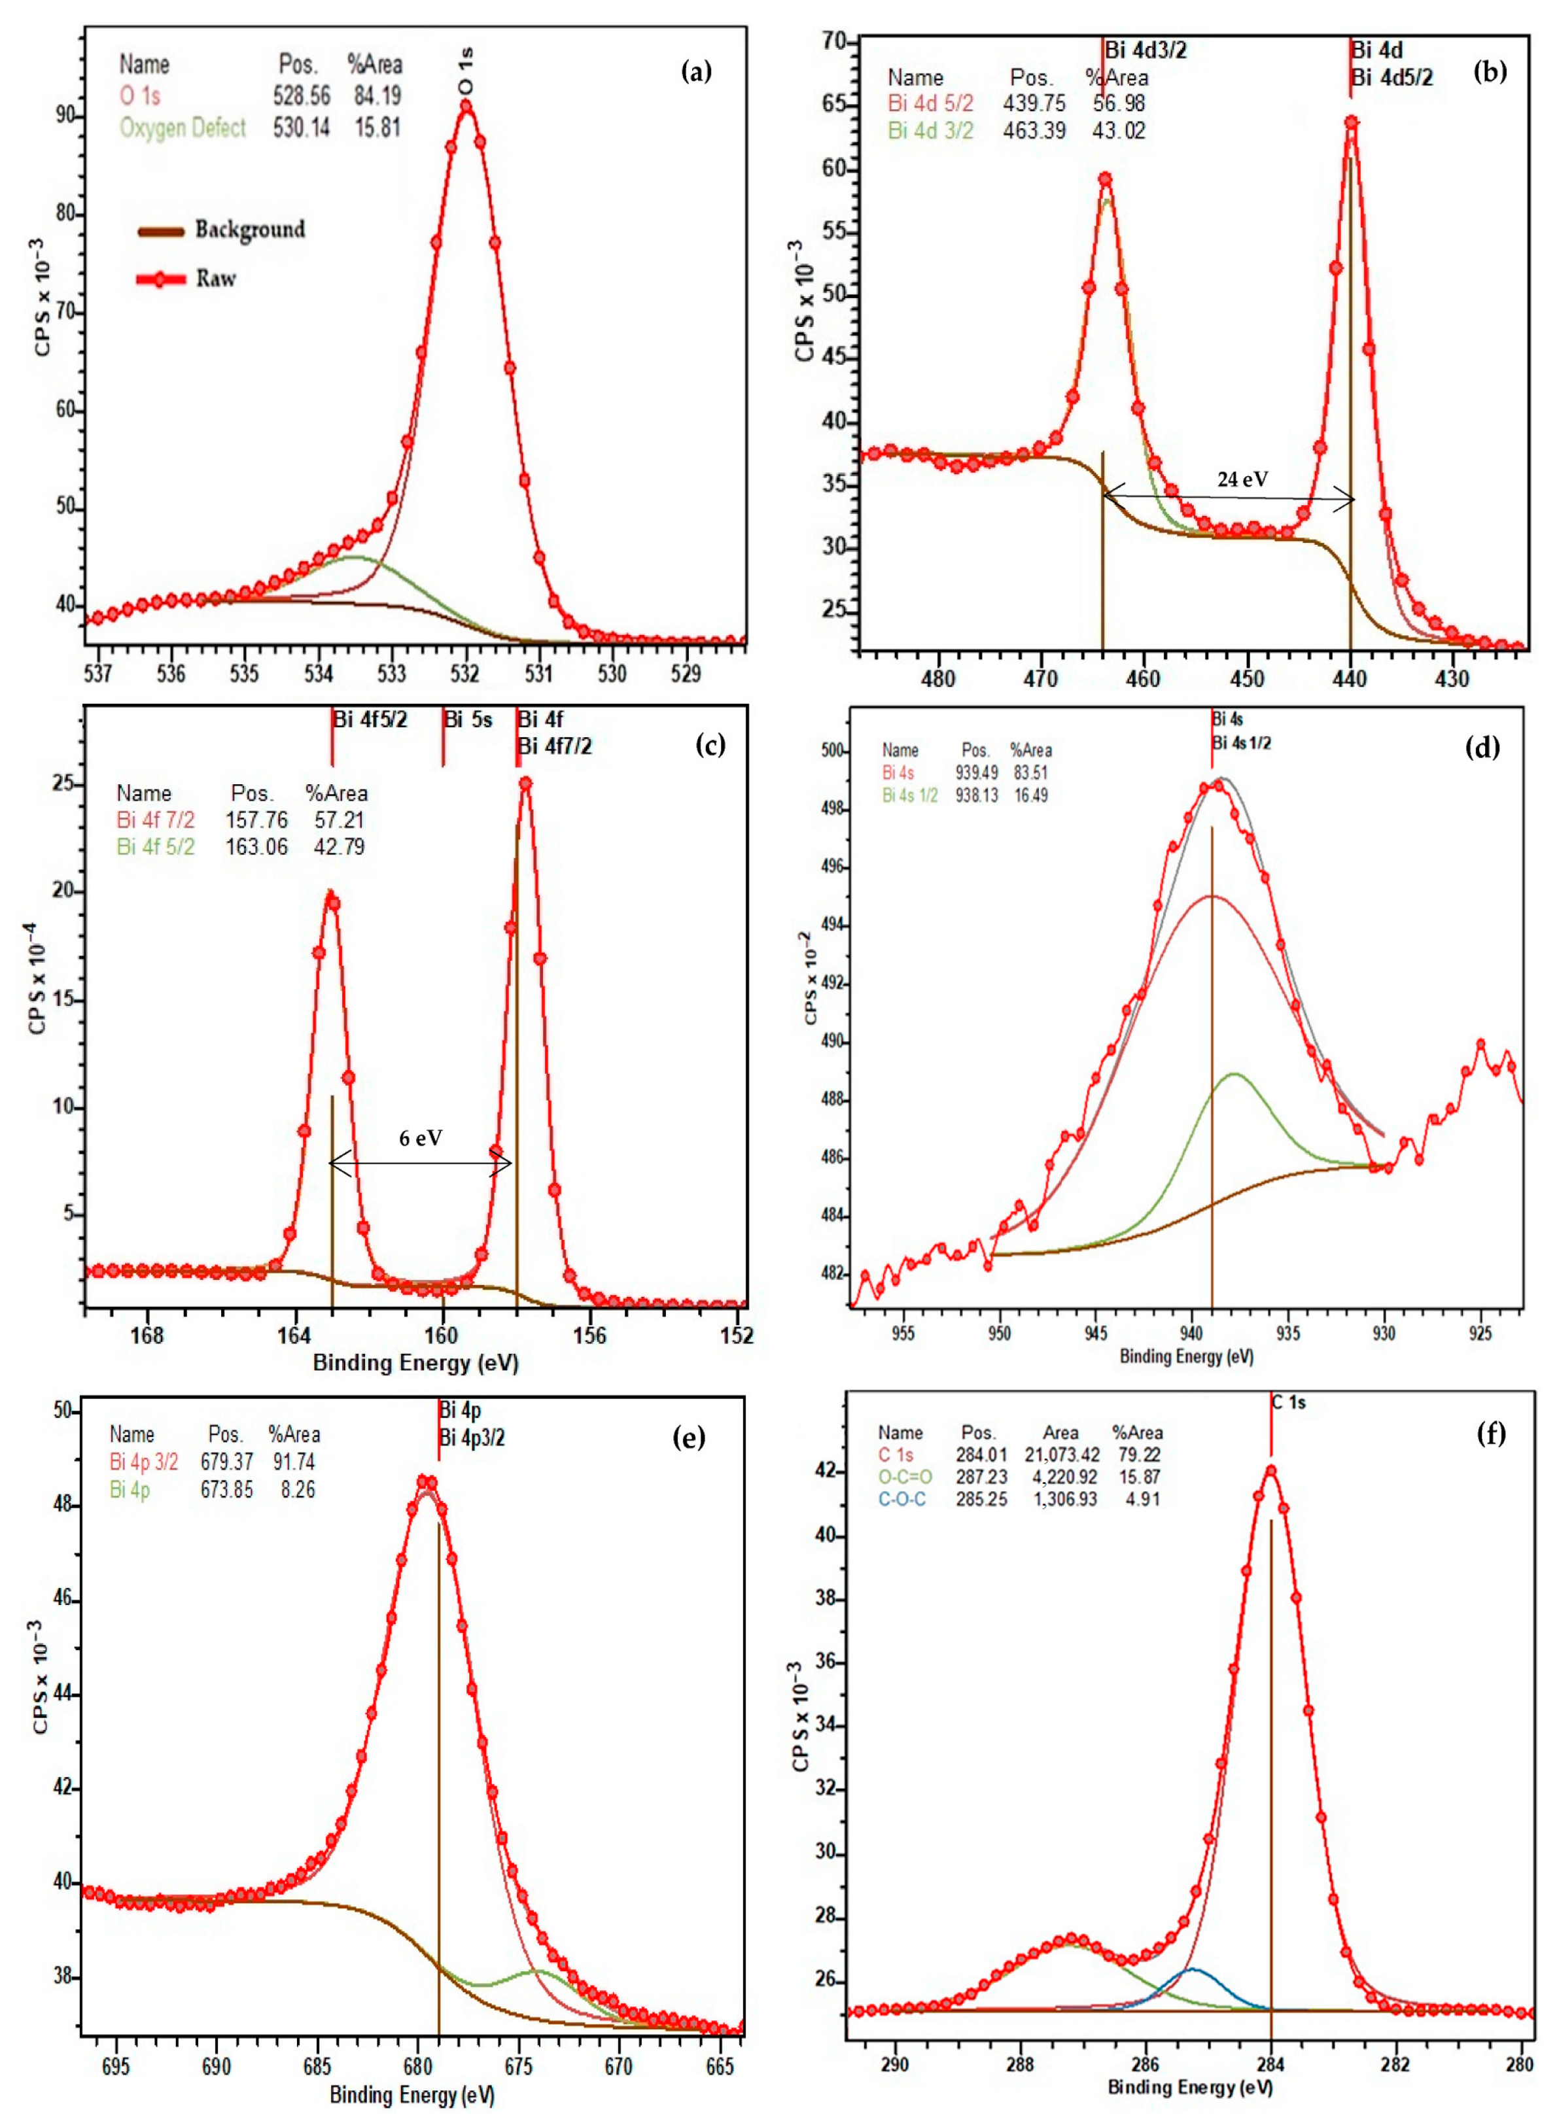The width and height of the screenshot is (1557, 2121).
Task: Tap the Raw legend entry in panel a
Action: [x=216, y=279]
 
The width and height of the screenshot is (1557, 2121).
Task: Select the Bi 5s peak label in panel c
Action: [x=468, y=721]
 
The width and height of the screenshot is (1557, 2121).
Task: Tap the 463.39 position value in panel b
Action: [x=1036, y=130]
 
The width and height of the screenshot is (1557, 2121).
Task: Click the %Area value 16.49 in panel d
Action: [x=1029, y=795]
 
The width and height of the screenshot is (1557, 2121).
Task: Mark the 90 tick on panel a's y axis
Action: [x=66, y=115]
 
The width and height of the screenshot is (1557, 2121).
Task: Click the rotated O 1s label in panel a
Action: [x=466, y=71]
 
